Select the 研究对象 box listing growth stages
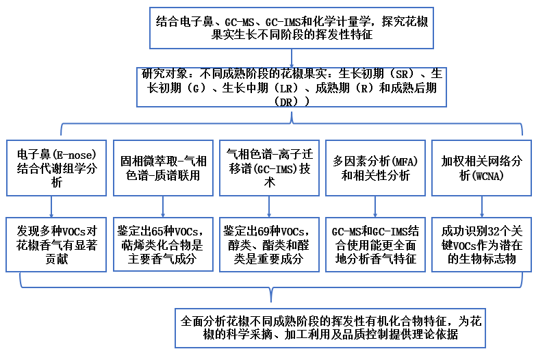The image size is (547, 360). click(291, 86)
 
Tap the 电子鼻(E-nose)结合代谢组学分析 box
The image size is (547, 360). click(55, 167)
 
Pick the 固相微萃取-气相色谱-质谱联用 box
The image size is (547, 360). click(163, 167)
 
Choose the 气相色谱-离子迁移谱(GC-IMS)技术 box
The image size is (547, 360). click(269, 167)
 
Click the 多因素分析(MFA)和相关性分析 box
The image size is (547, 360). click(375, 167)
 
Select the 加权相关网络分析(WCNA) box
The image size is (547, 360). click(482, 167)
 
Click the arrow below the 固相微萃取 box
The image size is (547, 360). click(163, 206)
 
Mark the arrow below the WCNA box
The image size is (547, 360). click(482, 206)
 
